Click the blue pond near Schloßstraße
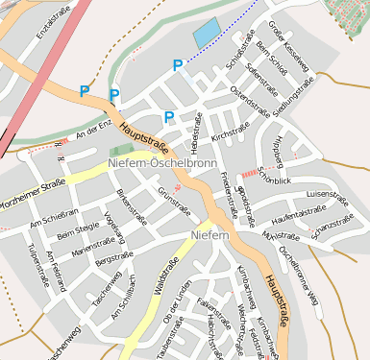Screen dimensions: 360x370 [x=207, y=35]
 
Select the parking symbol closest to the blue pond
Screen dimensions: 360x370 [x=177, y=65]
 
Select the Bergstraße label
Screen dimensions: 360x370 [x=113, y=257]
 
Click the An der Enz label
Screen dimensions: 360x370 [x=93, y=127]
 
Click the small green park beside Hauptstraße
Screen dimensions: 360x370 [x=122, y=151]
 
